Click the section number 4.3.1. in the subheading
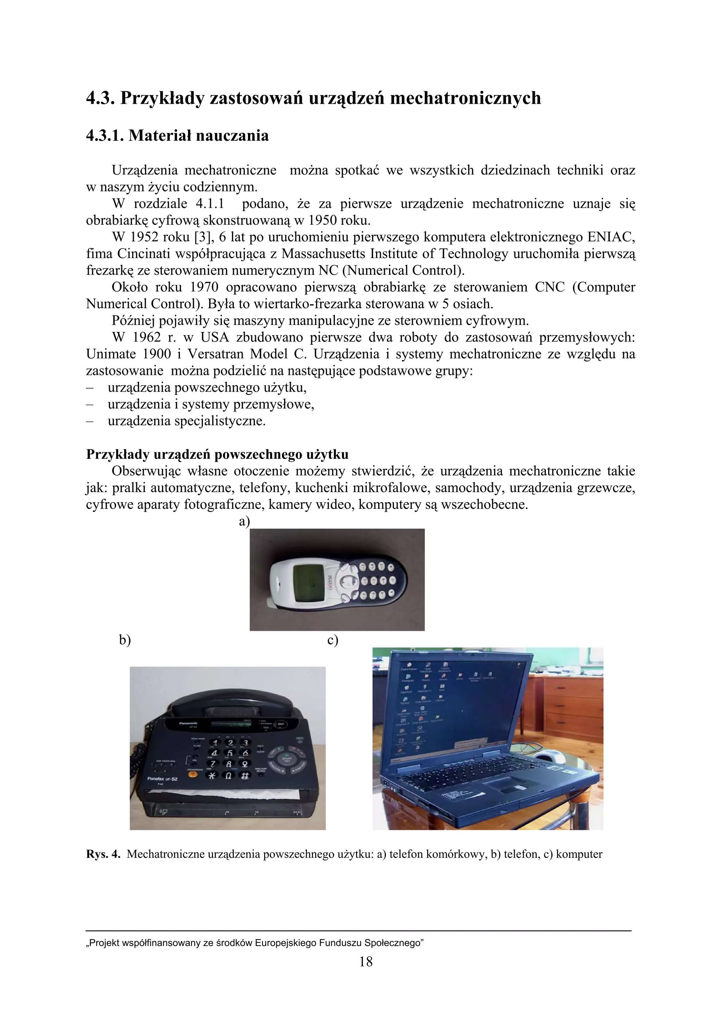point(105,136)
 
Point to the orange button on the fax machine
point(193,775)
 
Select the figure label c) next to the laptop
point(333,640)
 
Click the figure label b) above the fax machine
point(125,640)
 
